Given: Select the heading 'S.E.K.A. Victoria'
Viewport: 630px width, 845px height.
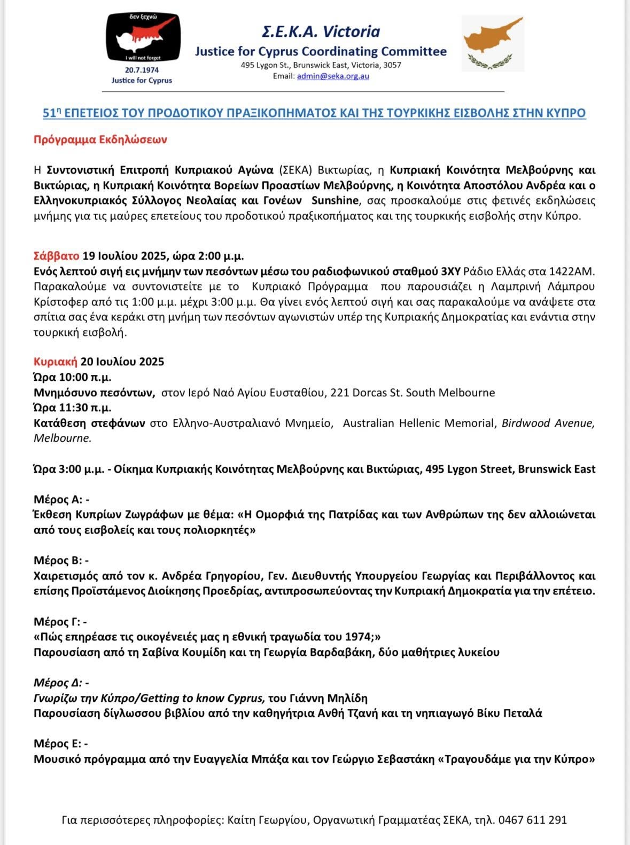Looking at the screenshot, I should [321, 32].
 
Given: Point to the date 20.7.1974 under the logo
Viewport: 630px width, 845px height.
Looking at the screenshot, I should [142, 70].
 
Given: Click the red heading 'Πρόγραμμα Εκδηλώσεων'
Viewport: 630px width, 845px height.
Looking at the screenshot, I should [100, 139].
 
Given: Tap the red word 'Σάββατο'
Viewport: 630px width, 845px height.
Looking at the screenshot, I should [57, 255].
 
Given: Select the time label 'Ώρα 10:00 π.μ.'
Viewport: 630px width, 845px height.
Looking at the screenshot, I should [73, 377].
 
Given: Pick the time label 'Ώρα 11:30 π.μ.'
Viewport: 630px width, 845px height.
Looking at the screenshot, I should [73, 408].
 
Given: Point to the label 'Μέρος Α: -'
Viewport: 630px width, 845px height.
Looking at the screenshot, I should [61, 499].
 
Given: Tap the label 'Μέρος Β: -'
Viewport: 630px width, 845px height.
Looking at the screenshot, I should [61, 560].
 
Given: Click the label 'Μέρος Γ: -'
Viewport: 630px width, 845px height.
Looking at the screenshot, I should [60, 621].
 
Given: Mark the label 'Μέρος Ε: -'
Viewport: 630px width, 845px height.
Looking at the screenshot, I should [61, 744].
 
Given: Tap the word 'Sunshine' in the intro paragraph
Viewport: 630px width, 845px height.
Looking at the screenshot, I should [335, 201].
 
